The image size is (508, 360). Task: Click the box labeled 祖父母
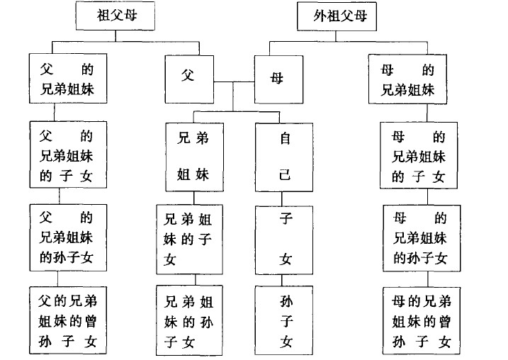click(115, 16)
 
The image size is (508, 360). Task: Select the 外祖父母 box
click(337, 16)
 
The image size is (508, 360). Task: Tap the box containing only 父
click(189, 79)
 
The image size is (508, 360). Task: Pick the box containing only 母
click(278, 79)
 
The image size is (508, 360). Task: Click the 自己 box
click(284, 157)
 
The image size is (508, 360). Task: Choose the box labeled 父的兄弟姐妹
click(68, 79)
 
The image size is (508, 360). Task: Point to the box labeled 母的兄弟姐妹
click(407, 79)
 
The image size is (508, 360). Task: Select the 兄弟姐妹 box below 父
click(194, 157)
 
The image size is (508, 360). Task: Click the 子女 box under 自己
click(284, 240)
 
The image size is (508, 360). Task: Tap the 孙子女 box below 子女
click(284, 320)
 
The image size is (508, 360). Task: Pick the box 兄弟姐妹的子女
click(190, 240)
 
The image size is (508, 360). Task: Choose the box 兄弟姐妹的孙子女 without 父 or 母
click(190, 320)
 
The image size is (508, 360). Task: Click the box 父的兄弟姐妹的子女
click(68, 154)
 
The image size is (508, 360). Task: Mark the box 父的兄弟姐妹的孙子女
click(68, 237)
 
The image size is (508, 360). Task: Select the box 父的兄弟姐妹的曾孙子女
click(68, 320)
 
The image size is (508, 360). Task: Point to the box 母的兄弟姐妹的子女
click(419, 155)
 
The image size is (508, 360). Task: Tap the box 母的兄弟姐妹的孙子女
click(422, 238)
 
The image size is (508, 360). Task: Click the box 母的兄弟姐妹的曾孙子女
click(421, 320)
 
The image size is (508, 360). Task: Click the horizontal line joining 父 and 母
click(234, 81)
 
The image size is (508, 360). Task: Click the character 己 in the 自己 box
click(285, 175)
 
